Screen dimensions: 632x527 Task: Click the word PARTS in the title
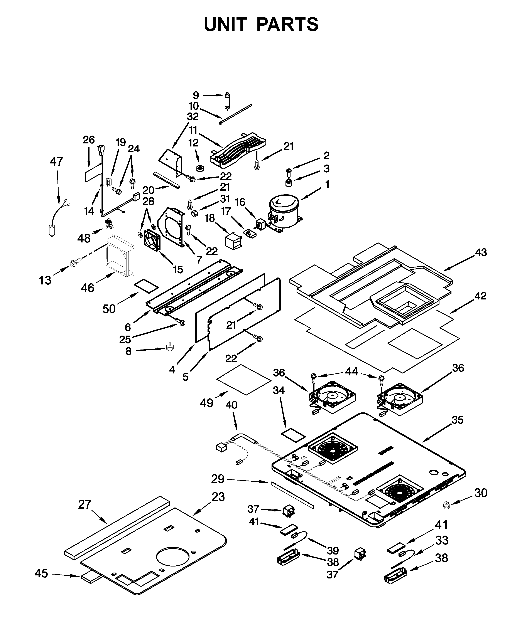(288, 24)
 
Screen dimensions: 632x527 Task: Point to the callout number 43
(481, 252)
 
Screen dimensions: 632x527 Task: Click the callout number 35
(458, 420)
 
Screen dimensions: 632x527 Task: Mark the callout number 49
(207, 402)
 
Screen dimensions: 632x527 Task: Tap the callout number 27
(85, 504)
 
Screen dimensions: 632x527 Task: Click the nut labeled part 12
(199, 168)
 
